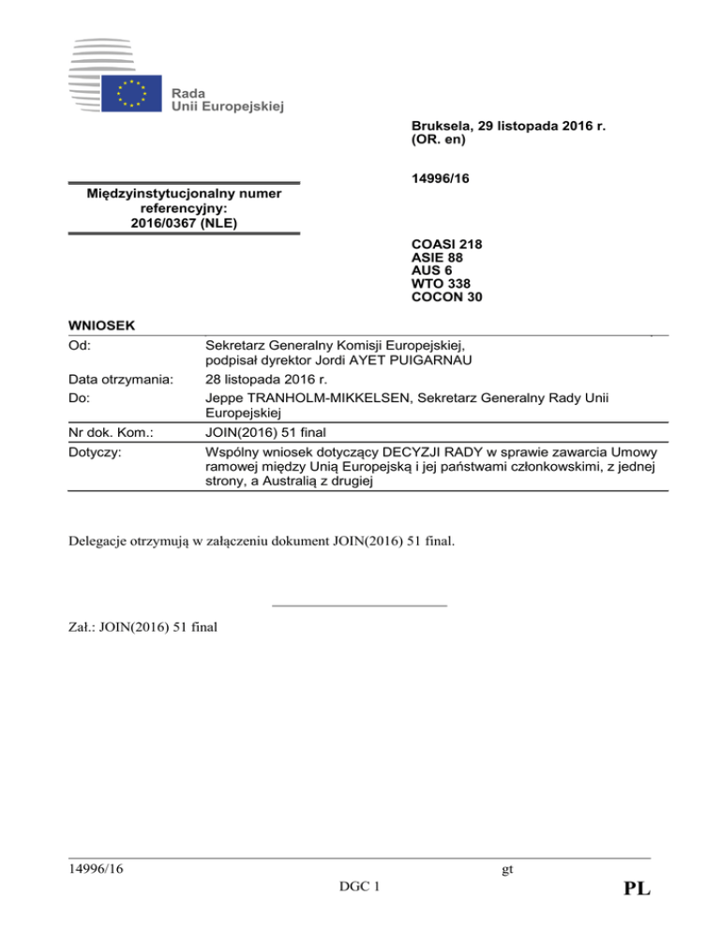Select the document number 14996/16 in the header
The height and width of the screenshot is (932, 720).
[x=439, y=177]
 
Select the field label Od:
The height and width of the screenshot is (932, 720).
[x=82, y=345]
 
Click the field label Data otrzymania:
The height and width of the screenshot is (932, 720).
[x=121, y=380]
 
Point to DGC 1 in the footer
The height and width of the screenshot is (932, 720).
[x=359, y=887]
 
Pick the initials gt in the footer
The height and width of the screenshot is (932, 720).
[x=507, y=869]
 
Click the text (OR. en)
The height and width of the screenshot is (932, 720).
[x=439, y=140]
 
